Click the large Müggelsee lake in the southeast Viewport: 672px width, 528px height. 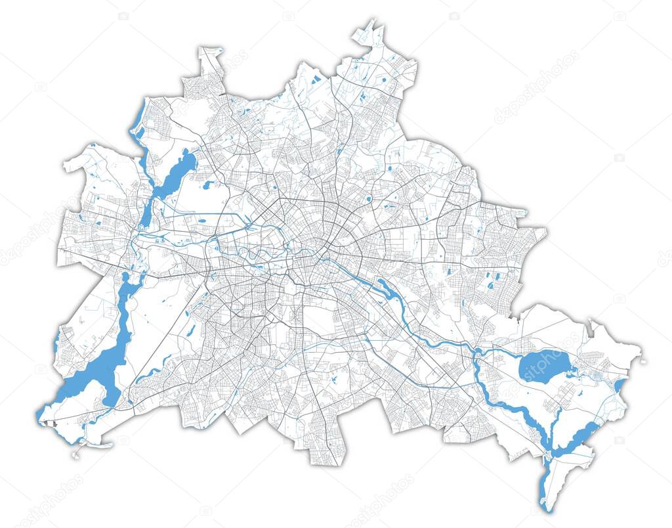pyautogui.click(x=543, y=365)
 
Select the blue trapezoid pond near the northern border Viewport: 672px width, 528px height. pyautogui.click(x=316, y=80)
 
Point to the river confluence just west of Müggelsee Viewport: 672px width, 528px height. pyautogui.click(x=474, y=355)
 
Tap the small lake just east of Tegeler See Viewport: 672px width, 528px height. pyautogui.click(x=208, y=185)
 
